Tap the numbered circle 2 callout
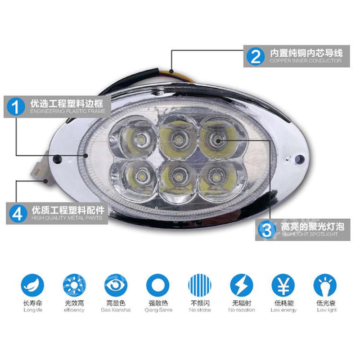point(256,56)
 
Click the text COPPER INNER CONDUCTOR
point(306,61)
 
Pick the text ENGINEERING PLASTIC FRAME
point(67,111)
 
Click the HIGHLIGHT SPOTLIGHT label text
point(310,234)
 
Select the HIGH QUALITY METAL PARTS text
point(67,218)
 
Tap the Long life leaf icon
point(33,285)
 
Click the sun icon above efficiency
point(74,285)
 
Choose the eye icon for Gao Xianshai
point(116,285)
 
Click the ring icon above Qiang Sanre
point(158,285)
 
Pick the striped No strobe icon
point(200,285)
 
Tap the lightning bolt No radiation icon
point(241,285)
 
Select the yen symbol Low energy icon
point(283,285)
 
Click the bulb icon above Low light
point(325,285)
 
